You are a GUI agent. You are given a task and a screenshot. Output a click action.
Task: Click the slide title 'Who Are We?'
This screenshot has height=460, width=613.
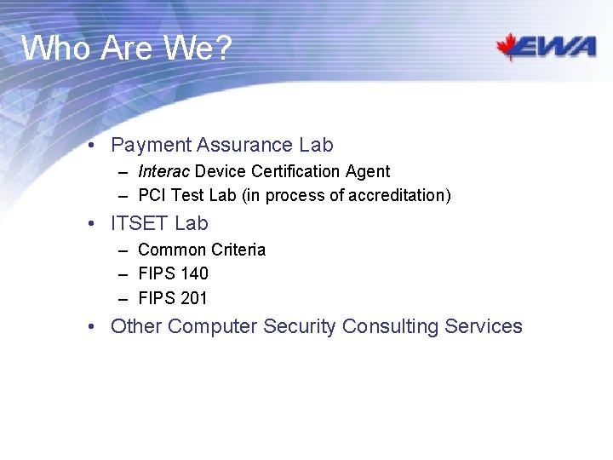126,49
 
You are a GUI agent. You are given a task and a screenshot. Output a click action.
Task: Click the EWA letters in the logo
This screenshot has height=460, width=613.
559,48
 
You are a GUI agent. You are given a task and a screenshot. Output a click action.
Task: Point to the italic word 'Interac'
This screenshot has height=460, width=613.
163,171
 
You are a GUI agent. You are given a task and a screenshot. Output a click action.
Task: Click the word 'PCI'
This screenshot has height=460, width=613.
152,196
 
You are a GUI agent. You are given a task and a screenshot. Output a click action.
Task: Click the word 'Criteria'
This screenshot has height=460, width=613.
238,250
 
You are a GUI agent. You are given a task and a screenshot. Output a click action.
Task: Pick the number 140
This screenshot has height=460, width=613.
193,273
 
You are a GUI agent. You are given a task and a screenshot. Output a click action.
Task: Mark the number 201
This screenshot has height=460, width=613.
193,298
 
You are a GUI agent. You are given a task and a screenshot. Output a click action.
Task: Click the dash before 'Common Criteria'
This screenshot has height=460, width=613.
123,250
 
